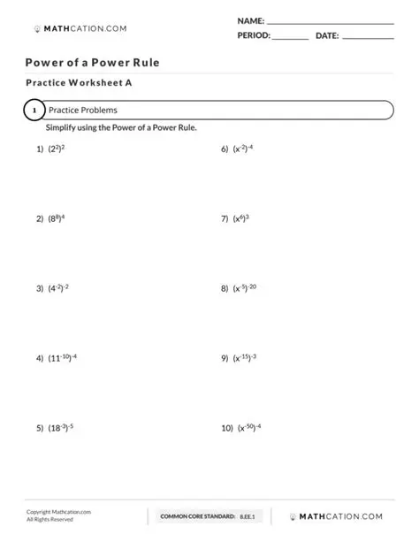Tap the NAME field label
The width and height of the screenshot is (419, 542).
pyautogui.click(x=250, y=19)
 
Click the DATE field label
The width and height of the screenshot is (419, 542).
pyautogui.click(x=326, y=36)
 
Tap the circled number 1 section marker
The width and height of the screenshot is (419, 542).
pyautogui.click(x=33, y=111)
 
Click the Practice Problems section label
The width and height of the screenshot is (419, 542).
pyautogui.click(x=82, y=111)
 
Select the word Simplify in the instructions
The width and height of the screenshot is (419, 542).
pyautogui.click(x=63, y=128)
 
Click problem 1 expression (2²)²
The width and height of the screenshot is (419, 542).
pyautogui.click(x=57, y=149)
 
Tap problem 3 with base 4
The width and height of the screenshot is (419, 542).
pyautogui.click(x=58, y=288)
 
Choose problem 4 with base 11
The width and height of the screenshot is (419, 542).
pyautogui.click(x=62, y=358)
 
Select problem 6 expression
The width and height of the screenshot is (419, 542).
pyautogui.click(x=243, y=149)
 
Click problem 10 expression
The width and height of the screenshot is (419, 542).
pyautogui.click(x=249, y=428)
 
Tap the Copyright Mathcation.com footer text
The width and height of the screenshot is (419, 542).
pyautogui.click(x=58, y=512)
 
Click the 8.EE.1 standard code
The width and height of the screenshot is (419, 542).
pyautogui.click(x=247, y=516)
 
